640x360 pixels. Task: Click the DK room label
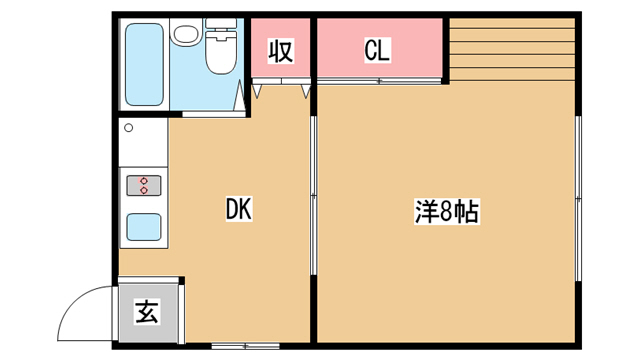coord(239,209)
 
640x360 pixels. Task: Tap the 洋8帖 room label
coord(447,211)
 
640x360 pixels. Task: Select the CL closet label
coord(377,50)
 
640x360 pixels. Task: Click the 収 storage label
coord(280,51)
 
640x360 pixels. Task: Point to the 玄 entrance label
coord(147,312)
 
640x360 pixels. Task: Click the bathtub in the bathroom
coord(144,64)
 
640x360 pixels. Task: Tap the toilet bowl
coord(221,52)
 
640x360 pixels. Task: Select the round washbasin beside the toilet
coord(186,34)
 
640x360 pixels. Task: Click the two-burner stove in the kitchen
coord(144,185)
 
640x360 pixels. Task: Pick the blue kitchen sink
coord(144,227)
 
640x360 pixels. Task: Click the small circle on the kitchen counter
coord(129,128)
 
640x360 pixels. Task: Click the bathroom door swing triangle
coord(239,95)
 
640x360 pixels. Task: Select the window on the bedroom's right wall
coord(578,198)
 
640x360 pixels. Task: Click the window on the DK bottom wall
coord(245,346)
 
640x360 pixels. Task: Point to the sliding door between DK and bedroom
coord(313,196)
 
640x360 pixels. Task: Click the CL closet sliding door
coord(379,81)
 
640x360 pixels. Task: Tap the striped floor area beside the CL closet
coord(512,50)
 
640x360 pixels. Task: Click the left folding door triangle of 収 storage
coord(257,91)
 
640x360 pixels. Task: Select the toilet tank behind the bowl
coord(221,24)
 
